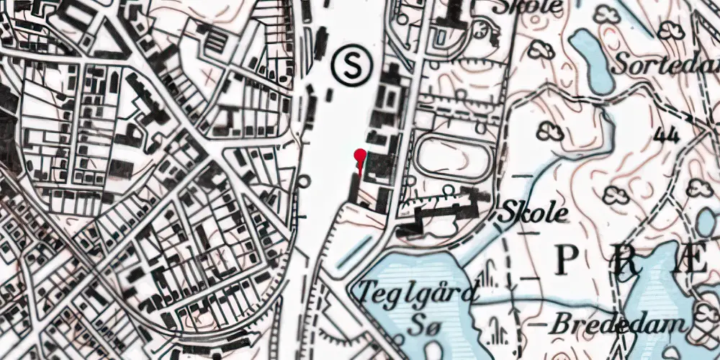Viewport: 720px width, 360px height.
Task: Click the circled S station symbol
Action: click(x=353, y=66)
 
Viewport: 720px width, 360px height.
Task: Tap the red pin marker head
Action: click(x=360, y=153)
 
